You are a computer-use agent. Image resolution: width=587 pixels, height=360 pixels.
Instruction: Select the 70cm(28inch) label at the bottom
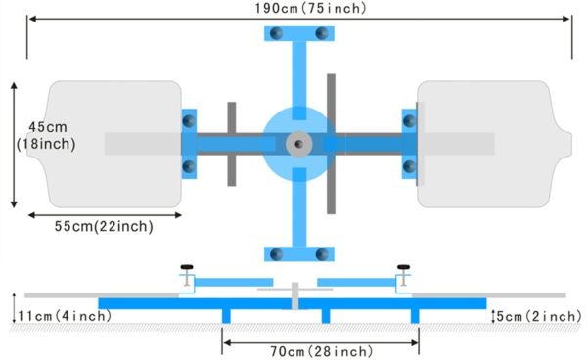click(320, 351)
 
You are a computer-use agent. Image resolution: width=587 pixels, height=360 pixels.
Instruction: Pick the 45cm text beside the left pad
click(47, 127)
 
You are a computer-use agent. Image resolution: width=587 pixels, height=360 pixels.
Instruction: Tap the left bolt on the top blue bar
click(276, 34)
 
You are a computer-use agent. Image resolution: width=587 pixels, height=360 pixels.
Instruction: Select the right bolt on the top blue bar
click(322, 34)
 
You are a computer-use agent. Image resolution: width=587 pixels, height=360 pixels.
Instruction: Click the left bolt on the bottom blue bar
click(276, 254)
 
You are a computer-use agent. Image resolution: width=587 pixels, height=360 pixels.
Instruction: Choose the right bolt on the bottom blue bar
click(322, 254)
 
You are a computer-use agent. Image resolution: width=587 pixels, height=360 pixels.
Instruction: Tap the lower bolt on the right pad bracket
click(409, 167)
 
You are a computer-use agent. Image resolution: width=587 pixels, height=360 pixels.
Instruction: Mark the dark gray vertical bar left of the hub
click(232, 144)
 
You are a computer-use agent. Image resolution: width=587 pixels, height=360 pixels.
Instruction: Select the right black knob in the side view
click(402, 266)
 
